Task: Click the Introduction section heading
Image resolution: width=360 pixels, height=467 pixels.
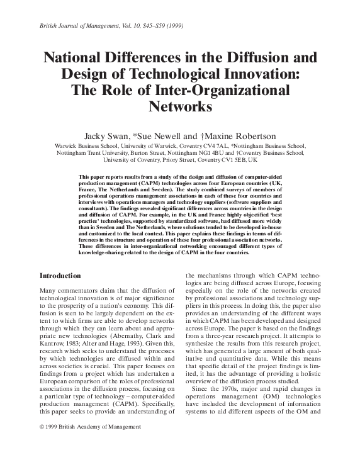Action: tap(60, 276)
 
